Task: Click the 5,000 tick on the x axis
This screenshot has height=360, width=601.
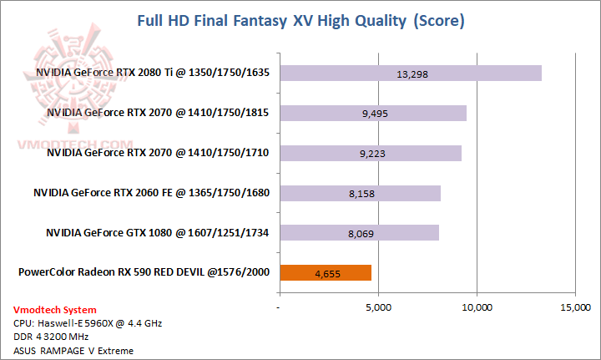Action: (x=378, y=307)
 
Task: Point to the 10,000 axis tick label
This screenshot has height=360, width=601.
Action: (x=477, y=307)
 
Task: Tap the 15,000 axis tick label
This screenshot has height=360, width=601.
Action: (x=575, y=307)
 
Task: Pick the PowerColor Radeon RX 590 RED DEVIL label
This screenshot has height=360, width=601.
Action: (x=144, y=271)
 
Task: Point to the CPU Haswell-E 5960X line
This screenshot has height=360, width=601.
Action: (x=75, y=323)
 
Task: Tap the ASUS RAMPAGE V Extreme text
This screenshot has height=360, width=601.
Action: (x=73, y=350)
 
